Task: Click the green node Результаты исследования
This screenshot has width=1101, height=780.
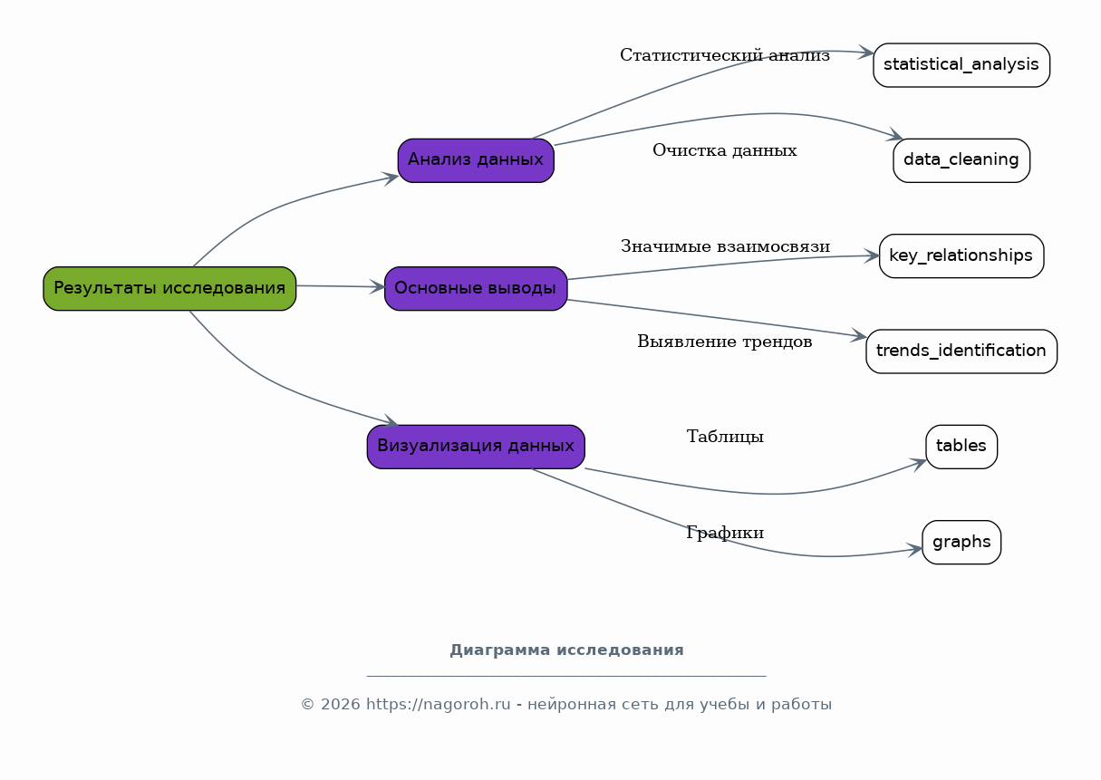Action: [x=169, y=288]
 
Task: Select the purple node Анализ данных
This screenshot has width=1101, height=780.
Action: [x=476, y=160]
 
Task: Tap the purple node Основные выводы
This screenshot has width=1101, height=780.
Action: [x=476, y=288]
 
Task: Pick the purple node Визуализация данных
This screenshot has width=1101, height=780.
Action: [x=476, y=447]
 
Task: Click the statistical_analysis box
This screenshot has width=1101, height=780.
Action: [x=961, y=65]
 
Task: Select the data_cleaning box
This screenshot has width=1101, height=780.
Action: [x=961, y=160]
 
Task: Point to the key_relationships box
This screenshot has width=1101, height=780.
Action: [x=961, y=256]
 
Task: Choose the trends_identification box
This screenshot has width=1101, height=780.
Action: [x=961, y=351]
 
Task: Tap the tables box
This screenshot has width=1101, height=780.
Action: [x=961, y=447]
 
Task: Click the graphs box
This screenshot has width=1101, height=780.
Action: [x=961, y=543]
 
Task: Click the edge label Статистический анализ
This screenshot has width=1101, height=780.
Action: [x=725, y=56]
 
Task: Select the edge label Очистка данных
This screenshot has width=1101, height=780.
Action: [x=725, y=151]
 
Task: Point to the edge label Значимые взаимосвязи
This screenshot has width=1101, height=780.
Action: [x=725, y=246]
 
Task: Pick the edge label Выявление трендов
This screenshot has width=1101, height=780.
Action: [x=725, y=342]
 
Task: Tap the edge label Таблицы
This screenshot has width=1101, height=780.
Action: [x=725, y=438]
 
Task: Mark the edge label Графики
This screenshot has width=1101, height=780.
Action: [x=725, y=534]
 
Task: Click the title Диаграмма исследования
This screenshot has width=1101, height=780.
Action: [x=566, y=650]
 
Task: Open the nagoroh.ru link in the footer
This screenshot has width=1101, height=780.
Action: [x=439, y=705]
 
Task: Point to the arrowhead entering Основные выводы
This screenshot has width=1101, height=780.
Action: [x=378, y=287]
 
